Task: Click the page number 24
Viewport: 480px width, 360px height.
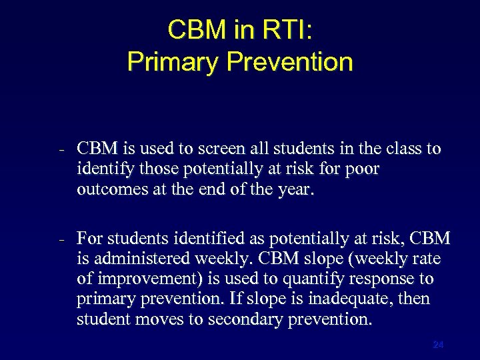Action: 438,345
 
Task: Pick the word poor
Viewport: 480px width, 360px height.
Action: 363,169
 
